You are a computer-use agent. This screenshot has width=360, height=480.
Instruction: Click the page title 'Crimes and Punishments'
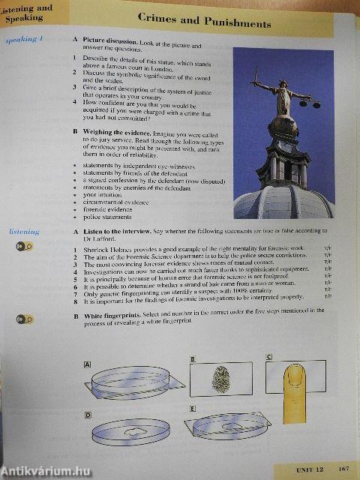click(x=204, y=24)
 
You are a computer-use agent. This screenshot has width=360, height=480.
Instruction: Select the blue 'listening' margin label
click(x=24, y=232)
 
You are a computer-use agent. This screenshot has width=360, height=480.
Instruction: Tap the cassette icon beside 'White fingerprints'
click(x=24, y=319)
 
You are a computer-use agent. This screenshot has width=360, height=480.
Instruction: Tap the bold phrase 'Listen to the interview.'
click(x=117, y=232)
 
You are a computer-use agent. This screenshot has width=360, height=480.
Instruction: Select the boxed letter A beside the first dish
click(x=88, y=364)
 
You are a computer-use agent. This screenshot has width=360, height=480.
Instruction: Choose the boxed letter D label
click(x=87, y=414)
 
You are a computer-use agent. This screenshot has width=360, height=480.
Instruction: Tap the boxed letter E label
click(x=193, y=408)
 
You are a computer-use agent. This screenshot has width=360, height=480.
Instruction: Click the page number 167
click(x=344, y=469)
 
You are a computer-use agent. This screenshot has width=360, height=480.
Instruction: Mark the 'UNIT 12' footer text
click(x=309, y=469)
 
